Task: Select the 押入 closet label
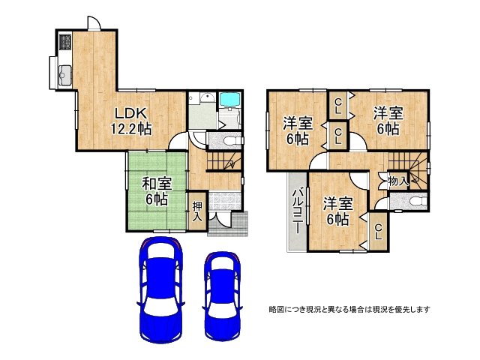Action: click(x=196, y=211)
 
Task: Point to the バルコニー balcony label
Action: click(x=297, y=209)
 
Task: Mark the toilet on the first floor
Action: click(x=229, y=142)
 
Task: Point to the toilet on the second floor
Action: click(x=415, y=201)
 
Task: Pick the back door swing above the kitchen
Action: click(x=93, y=22)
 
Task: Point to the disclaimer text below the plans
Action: click(x=349, y=309)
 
